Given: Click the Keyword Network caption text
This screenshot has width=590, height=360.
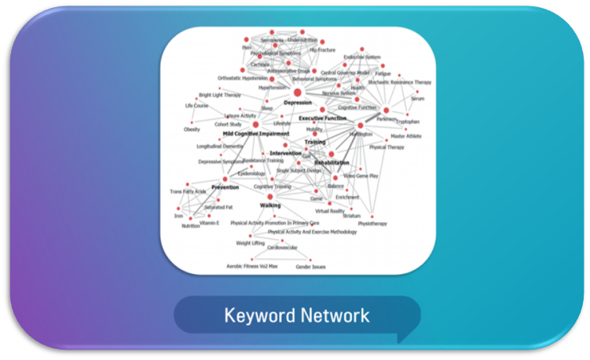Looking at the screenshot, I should (296, 315).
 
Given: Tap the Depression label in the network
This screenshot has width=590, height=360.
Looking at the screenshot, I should (297, 103).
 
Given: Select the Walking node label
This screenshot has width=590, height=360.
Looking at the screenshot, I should (270, 205).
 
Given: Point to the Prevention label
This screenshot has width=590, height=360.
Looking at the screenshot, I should (225, 188).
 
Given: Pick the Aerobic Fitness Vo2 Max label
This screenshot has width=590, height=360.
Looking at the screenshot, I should (252, 266).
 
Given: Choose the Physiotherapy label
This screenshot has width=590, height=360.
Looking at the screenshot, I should (372, 224).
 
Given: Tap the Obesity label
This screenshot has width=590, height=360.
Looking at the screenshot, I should (192, 129).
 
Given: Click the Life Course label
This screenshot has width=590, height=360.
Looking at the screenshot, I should (196, 106).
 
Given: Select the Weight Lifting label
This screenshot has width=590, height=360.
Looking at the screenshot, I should (250, 243).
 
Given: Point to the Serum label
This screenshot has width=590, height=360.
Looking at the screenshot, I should (418, 99).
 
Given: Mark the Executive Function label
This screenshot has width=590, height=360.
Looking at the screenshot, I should (322, 118).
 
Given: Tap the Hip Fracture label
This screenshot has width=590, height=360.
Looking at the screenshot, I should (322, 49).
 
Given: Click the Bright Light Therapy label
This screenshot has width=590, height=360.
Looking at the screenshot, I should (215, 96).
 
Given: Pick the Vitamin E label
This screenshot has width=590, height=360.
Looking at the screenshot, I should (209, 224).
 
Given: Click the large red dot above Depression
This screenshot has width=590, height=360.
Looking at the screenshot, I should (297, 92).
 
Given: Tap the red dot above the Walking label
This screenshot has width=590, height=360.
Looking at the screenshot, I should (270, 196).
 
